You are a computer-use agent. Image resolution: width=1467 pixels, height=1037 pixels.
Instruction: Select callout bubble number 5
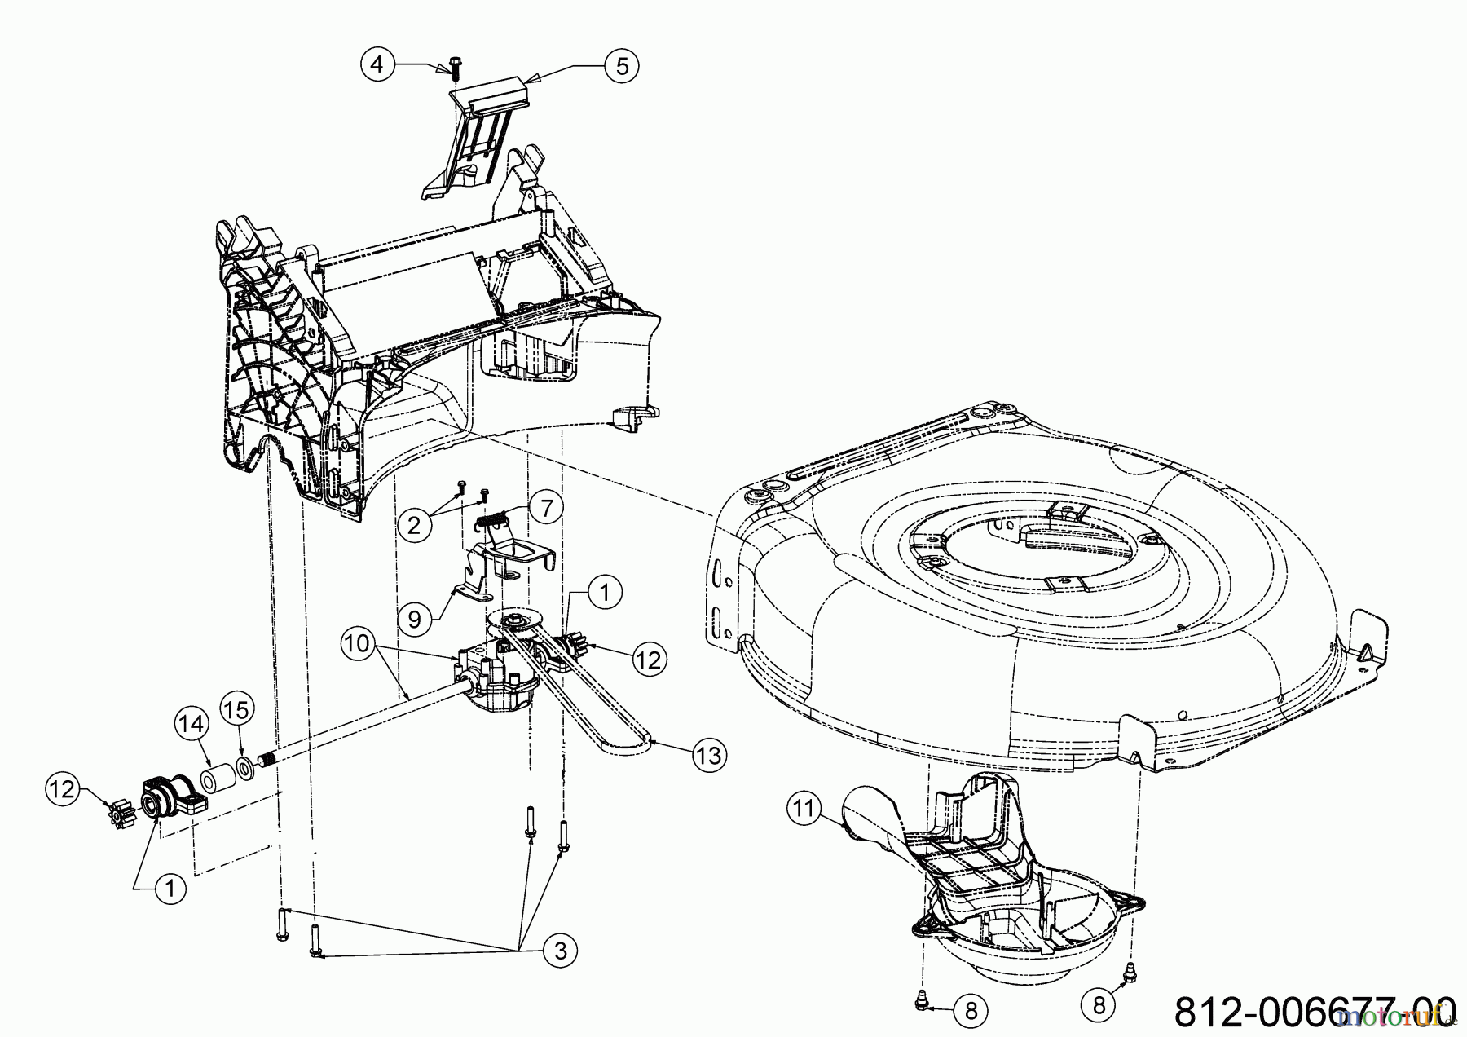(x=622, y=65)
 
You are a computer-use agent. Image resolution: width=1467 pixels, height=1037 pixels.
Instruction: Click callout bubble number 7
(x=546, y=508)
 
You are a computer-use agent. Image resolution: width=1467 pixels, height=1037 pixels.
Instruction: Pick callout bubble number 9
(x=415, y=620)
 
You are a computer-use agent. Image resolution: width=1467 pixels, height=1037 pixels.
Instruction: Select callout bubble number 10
(x=356, y=644)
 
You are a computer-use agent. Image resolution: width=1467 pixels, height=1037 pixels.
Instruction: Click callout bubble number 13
(x=709, y=756)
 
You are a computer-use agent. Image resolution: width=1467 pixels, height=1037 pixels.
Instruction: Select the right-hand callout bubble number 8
(x=1099, y=1005)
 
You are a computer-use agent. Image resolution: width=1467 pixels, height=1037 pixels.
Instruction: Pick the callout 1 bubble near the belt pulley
(x=604, y=593)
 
